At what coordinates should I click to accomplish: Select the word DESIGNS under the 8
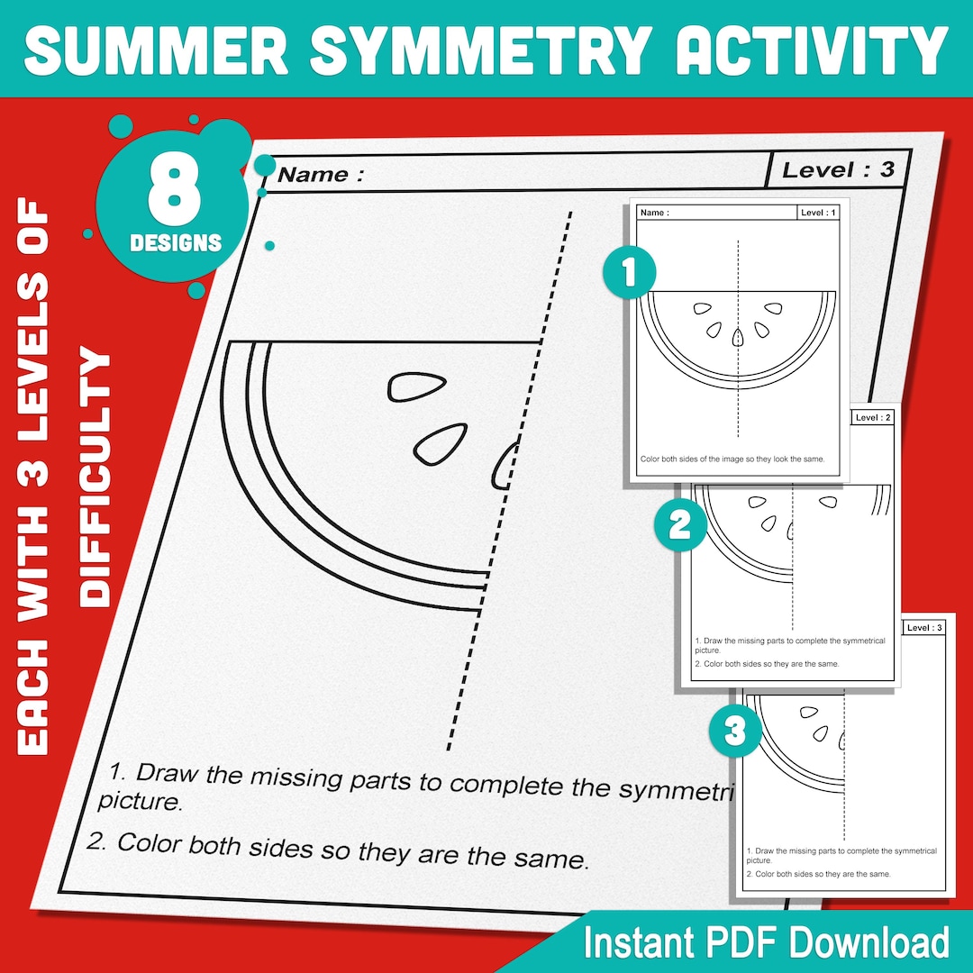coord(175,242)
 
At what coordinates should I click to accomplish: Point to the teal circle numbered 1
coord(629,271)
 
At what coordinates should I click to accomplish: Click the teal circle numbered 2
coord(679,525)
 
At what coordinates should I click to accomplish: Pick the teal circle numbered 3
coord(735,731)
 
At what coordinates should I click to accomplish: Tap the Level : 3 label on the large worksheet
coord(837,169)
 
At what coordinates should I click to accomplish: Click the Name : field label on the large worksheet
coord(321,175)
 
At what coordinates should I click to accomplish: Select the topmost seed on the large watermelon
coord(412,386)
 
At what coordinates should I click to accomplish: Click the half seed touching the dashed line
coord(505,464)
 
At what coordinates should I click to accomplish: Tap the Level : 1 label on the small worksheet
coord(818,213)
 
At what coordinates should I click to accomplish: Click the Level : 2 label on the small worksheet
coord(872,418)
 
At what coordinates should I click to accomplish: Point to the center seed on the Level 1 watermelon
coord(738,337)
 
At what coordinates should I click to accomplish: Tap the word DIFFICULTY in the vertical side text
coord(96,477)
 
